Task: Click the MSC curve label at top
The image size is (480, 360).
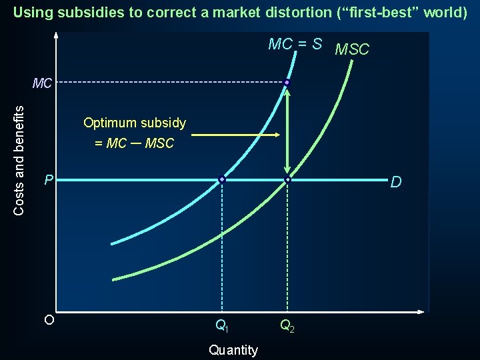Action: [352, 49]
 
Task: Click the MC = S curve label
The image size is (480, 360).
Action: [295, 45]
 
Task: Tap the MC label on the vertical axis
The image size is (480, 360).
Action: [43, 84]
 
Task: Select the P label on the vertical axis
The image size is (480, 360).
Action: [48, 180]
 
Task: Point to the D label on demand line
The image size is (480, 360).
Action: [395, 182]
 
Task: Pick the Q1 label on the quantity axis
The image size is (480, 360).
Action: [222, 326]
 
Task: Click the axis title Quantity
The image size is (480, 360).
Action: [233, 350]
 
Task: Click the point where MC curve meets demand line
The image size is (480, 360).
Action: [222, 179]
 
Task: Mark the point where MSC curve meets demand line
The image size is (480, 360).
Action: [287, 180]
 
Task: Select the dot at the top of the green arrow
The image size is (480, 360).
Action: [287, 83]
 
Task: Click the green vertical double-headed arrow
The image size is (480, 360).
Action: [287, 131]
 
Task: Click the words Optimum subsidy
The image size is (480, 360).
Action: [135, 123]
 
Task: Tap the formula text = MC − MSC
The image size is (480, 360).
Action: [134, 143]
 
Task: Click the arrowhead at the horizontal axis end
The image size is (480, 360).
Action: [421, 312]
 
